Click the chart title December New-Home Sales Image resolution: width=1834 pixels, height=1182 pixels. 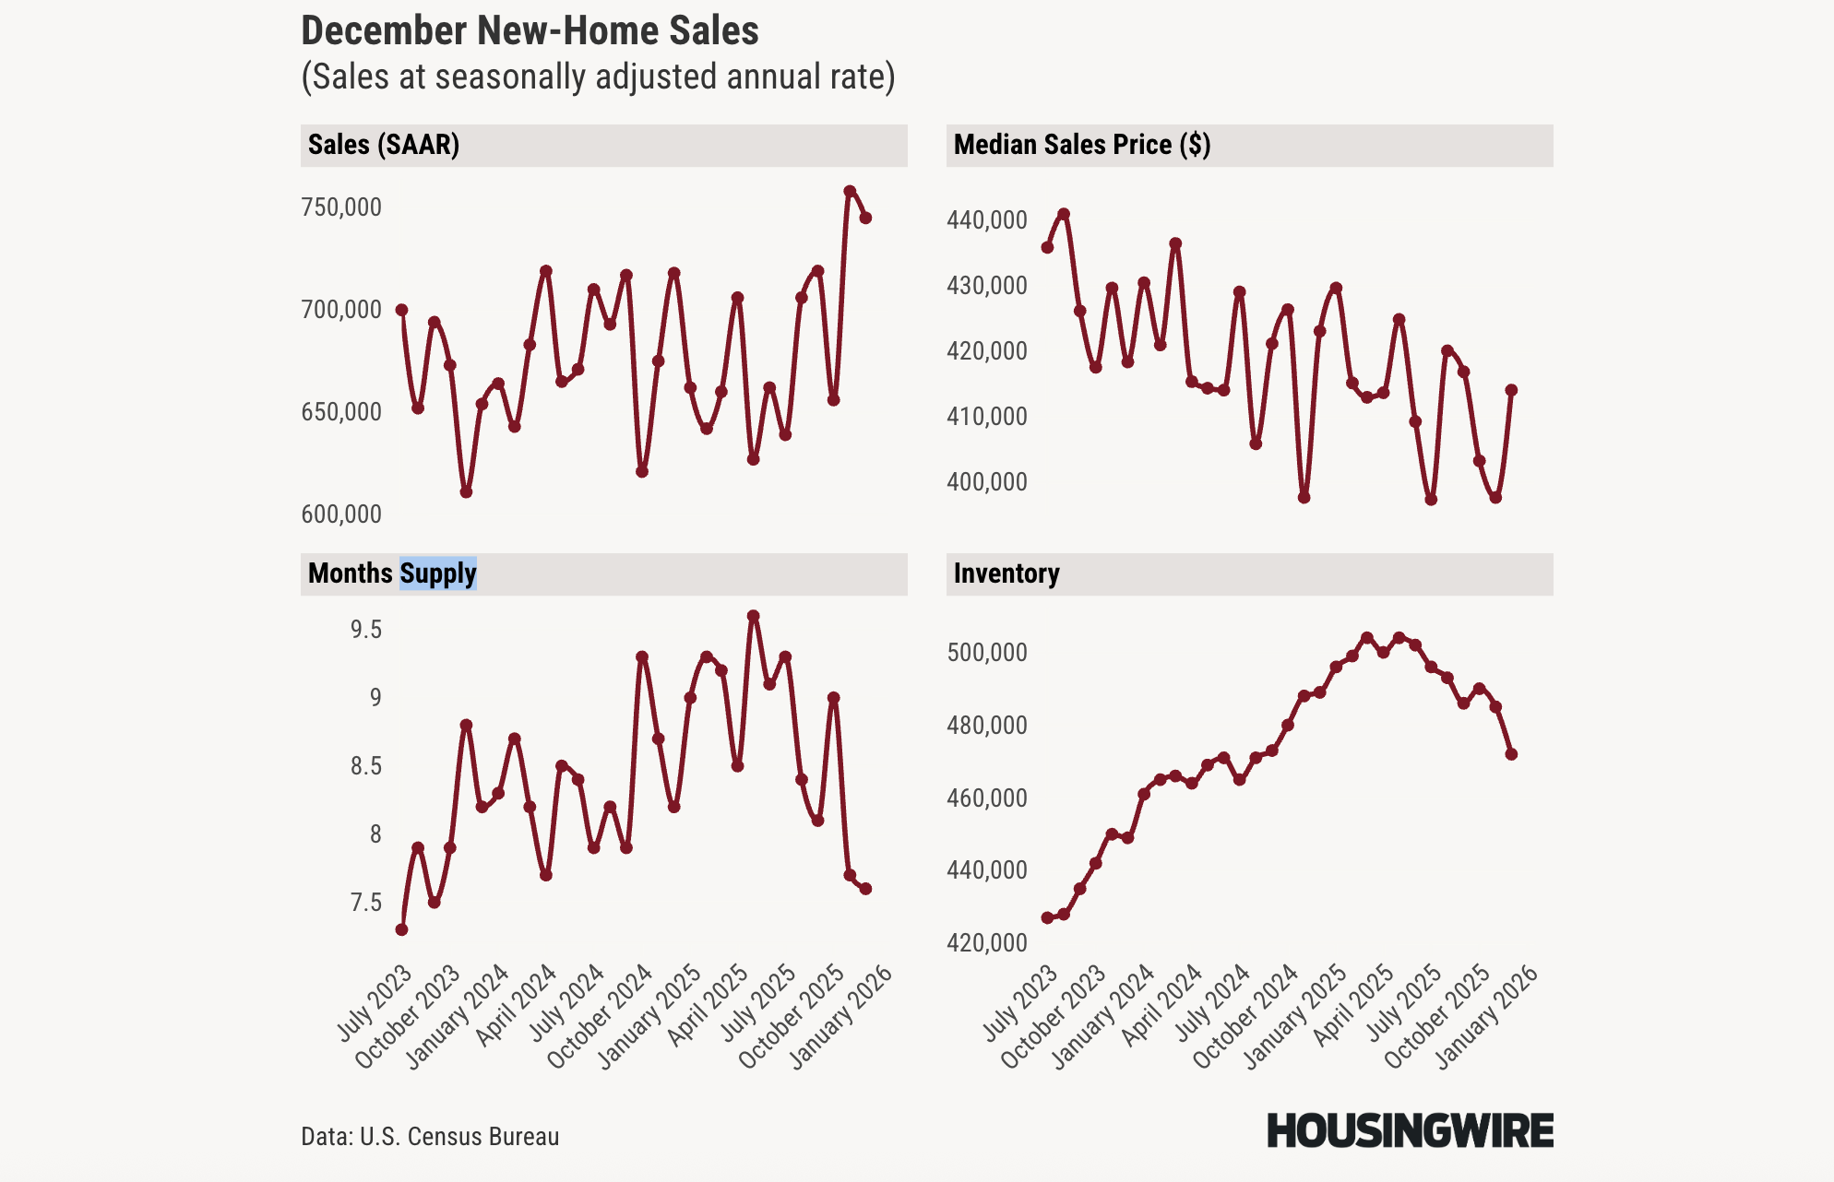[x=530, y=31]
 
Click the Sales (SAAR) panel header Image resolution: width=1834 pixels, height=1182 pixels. [x=384, y=145]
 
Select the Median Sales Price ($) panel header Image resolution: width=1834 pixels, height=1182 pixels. [x=1081, y=145]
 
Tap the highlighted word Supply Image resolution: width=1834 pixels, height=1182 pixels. [x=438, y=573]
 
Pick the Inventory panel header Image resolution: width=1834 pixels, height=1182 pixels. [x=1006, y=573]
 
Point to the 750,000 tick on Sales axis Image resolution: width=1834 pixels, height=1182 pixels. [x=340, y=207]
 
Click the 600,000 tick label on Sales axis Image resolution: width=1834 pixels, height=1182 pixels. [x=340, y=514]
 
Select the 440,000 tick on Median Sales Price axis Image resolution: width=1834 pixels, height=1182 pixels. [x=986, y=220]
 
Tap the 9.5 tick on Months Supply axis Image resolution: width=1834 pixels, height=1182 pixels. [x=365, y=630]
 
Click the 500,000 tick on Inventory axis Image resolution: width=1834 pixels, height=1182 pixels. [x=986, y=653]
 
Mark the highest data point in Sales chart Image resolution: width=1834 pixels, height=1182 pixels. [x=850, y=192]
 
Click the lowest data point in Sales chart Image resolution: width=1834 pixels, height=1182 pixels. [x=466, y=492]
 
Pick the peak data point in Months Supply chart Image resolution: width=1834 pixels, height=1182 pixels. [x=754, y=616]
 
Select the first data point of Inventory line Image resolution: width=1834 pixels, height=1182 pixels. [x=1047, y=917]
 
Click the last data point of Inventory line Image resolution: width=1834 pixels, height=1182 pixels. [x=1511, y=754]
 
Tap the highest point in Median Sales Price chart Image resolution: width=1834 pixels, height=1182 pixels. [x=1064, y=214]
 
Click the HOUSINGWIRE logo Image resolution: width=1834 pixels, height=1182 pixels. [x=1410, y=1131]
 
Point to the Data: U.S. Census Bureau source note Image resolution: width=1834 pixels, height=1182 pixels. [x=430, y=1137]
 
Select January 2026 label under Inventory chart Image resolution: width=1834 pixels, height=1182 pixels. [x=1487, y=1016]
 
